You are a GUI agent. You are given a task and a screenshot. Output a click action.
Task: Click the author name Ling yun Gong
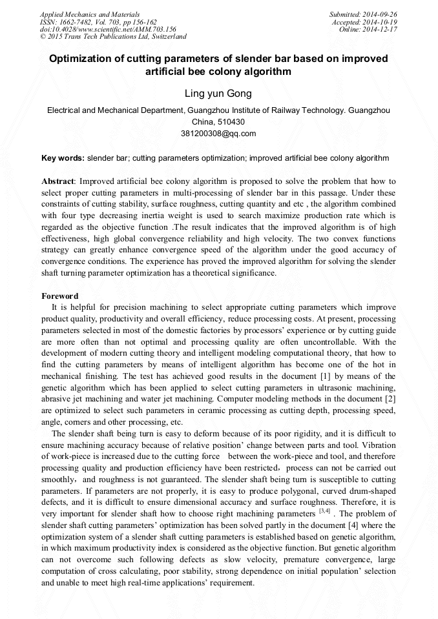point(218,94)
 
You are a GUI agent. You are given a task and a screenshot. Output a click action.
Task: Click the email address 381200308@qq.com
point(218,134)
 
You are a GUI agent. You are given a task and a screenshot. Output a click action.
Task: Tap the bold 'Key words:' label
point(63,157)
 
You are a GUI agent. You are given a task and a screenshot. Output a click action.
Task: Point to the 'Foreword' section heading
point(59,296)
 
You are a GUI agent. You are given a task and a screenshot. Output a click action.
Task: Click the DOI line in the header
point(108,29)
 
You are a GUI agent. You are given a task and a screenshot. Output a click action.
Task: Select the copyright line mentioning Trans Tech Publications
point(113,37)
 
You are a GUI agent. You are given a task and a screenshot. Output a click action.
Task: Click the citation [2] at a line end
point(390,398)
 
